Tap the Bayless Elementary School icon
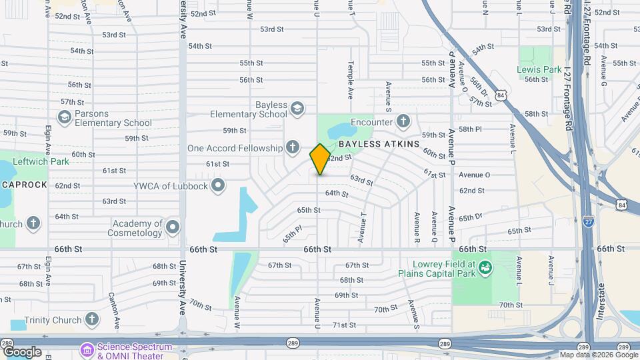tap(297, 109)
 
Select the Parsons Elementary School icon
tap(65, 118)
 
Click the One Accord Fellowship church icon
tap(292, 147)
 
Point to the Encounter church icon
tap(403, 121)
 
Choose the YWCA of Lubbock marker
tap(217, 185)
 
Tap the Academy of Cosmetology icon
tap(173, 228)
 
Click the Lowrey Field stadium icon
tap(485, 267)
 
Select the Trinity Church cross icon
tap(93, 320)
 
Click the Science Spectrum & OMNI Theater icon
tap(87, 349)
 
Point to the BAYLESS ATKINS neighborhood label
tap(379, 144)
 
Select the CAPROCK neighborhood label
tap(24, 184)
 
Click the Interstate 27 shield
tap(588, 221)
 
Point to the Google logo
tap(21, 351)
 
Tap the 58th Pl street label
tap(469, 129)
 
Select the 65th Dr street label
tap(470, 217)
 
